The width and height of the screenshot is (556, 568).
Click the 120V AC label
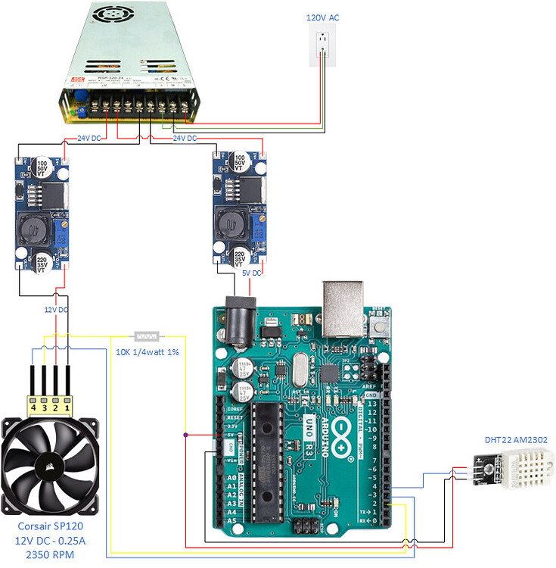tap(323, 17)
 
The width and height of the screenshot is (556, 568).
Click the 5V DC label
tap(247, 272)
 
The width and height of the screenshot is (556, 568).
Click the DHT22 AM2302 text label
tap(516, 440)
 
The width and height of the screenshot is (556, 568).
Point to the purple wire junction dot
tap(185, 435)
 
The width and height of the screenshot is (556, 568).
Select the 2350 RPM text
tap(51, 555)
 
